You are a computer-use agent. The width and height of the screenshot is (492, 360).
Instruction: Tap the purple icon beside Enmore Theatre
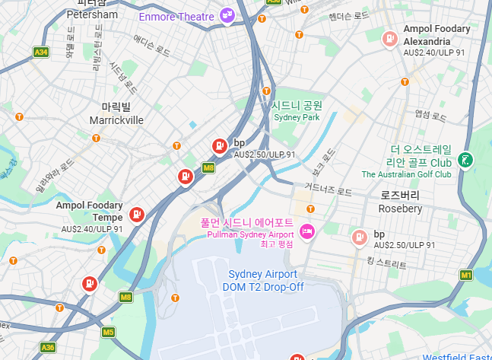point(227,15)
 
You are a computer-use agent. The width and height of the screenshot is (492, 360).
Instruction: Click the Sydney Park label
point(297,117)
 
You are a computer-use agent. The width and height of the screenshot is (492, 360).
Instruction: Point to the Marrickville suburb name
point(116,120)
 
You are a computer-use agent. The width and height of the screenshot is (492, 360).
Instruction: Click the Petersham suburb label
point(92,14)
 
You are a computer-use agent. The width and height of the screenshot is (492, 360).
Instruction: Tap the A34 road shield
point(41,53)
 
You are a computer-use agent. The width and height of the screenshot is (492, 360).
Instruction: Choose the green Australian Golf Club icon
point(464,161)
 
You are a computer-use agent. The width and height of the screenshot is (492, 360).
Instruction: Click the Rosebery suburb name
point(400,208)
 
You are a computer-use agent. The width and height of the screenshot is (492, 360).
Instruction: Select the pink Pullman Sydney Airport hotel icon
point(306,231)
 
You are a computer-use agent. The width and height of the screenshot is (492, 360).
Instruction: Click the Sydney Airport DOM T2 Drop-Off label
point(262,280)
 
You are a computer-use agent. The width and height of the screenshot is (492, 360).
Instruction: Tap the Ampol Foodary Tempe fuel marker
point(137,215)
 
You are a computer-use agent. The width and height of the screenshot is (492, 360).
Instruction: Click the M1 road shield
point(467,274)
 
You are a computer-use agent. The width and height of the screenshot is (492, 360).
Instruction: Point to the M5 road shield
point(109,332)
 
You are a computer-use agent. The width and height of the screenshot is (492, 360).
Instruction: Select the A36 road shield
point(48,347)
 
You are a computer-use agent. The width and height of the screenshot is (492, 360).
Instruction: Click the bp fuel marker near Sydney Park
point(218,145)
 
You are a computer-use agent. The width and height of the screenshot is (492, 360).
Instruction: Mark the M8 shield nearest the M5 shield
point(125,297)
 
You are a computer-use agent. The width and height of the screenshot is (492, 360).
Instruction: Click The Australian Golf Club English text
point(406,174)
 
